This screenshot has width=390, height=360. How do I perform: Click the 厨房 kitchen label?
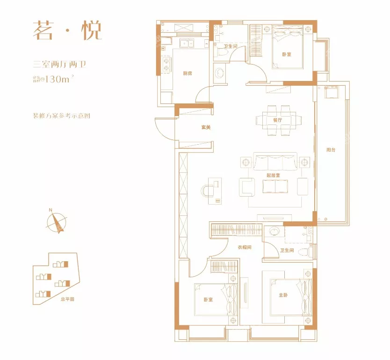coord(188,73)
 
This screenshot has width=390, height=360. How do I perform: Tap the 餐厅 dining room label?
coord(277,120)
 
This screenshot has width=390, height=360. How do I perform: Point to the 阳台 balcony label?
coord(331,150)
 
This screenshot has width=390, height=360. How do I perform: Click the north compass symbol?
coord(56,221)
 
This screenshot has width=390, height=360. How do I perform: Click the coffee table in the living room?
coord(275,186)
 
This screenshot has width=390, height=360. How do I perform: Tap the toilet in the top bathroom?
coord(224,54)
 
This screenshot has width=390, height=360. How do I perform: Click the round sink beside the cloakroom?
coord(274,232)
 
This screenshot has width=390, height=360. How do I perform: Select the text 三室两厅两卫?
coord(60,65)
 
